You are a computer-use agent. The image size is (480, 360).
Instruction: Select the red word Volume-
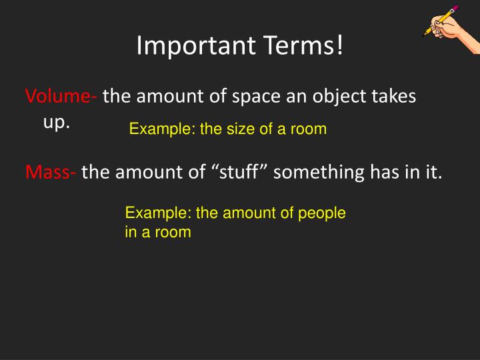[61, 97]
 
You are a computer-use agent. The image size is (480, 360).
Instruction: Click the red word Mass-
[51, 173]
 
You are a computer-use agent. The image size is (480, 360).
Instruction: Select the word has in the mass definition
[378, 173]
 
